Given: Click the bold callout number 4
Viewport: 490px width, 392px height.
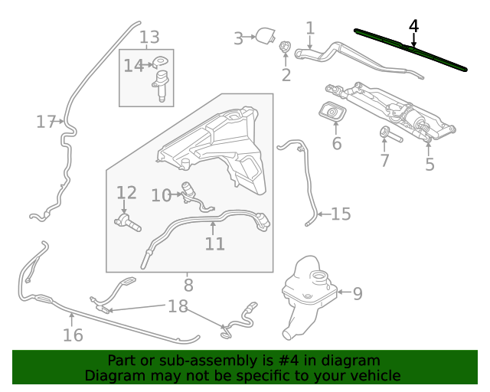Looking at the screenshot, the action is [x=413, y=26].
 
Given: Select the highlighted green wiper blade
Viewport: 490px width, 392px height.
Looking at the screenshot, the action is [x=410, y=50].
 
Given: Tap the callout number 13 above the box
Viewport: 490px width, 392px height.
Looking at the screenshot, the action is [x=149, y=38].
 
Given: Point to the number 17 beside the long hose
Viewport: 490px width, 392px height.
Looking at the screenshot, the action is [x=46, y=122].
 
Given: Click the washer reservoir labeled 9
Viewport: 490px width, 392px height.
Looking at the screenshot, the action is [x=309, y=297].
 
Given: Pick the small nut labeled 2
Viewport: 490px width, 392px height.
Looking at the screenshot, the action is [x=285, y=47].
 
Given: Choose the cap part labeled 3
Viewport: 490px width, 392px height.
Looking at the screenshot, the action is [x=266, y=36].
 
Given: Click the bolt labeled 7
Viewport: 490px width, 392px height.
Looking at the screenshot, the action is [x=390, y=134].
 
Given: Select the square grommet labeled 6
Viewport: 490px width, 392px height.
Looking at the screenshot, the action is [x=332, y=113].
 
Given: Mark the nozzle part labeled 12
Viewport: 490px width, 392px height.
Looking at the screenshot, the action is [x=128, y=222].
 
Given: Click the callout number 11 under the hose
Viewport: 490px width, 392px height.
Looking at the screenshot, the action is [x=215, y=243].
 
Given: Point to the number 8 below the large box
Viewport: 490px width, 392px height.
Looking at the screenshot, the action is [x=188, y=286].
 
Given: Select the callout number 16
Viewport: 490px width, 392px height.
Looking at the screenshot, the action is [x=73, y=335].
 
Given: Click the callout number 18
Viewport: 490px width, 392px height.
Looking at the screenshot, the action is [x=178, y=306].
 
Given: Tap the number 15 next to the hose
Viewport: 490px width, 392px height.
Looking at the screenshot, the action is [x=341, y=214].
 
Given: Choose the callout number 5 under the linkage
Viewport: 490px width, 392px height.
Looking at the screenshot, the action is [x=430, y=165].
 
